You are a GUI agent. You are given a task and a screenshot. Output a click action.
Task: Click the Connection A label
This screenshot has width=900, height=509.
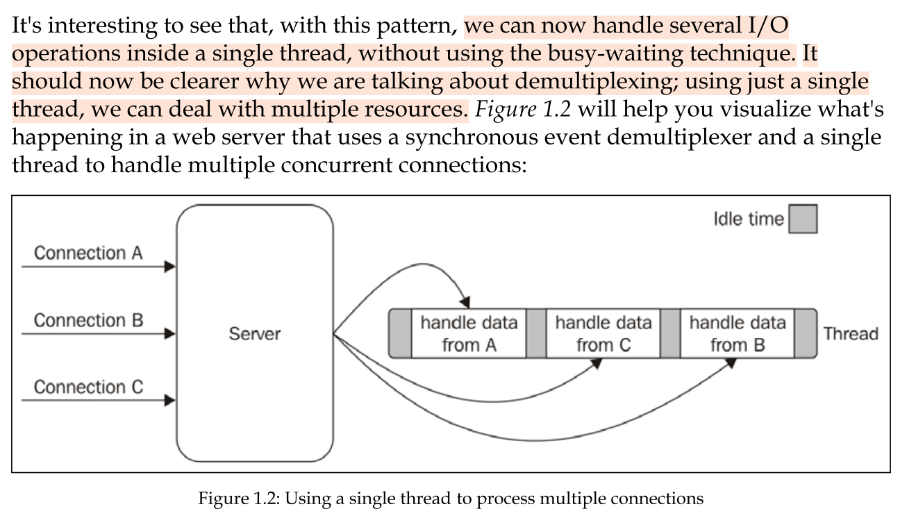point(88,253)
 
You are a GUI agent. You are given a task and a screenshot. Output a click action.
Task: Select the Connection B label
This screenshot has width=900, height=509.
point(88,321)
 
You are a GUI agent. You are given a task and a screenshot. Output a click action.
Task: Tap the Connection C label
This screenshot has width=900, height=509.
point(88,387)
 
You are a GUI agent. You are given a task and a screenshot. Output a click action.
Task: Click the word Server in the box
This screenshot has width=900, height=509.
point(255,334)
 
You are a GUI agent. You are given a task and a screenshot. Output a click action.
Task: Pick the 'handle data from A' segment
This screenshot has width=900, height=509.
point(469,334)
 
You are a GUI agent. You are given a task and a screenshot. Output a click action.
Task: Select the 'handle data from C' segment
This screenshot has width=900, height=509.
point(603,334)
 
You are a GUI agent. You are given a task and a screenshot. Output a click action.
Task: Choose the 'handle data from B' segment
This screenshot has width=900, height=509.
point(737,334)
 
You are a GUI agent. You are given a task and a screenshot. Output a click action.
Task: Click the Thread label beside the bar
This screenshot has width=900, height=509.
point(851,334)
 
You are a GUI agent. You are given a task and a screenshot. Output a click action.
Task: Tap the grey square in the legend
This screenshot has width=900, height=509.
point(803,219)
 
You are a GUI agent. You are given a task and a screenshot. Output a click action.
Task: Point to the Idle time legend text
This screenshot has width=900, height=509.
point(748,219)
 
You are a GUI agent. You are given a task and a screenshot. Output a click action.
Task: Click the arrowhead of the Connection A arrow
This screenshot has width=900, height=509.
point(170,267)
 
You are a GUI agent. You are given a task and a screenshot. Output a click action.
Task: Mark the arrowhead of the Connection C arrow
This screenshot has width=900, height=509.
point(170,401)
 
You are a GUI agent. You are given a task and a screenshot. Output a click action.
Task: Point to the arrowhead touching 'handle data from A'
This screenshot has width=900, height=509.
point(466,303)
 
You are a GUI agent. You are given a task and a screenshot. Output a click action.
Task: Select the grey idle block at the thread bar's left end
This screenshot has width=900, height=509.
point(401,334)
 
